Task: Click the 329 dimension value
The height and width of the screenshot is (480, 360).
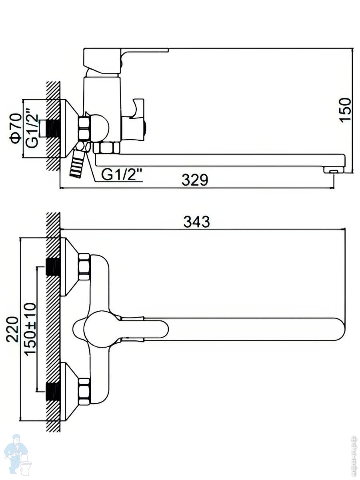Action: point(195,180)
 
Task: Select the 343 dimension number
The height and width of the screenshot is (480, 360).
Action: point(196,222)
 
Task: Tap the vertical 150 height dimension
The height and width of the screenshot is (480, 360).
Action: point(345,110)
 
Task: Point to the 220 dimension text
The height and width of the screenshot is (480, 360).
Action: point(12,329)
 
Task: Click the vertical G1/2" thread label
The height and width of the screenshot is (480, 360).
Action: point(32,131)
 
